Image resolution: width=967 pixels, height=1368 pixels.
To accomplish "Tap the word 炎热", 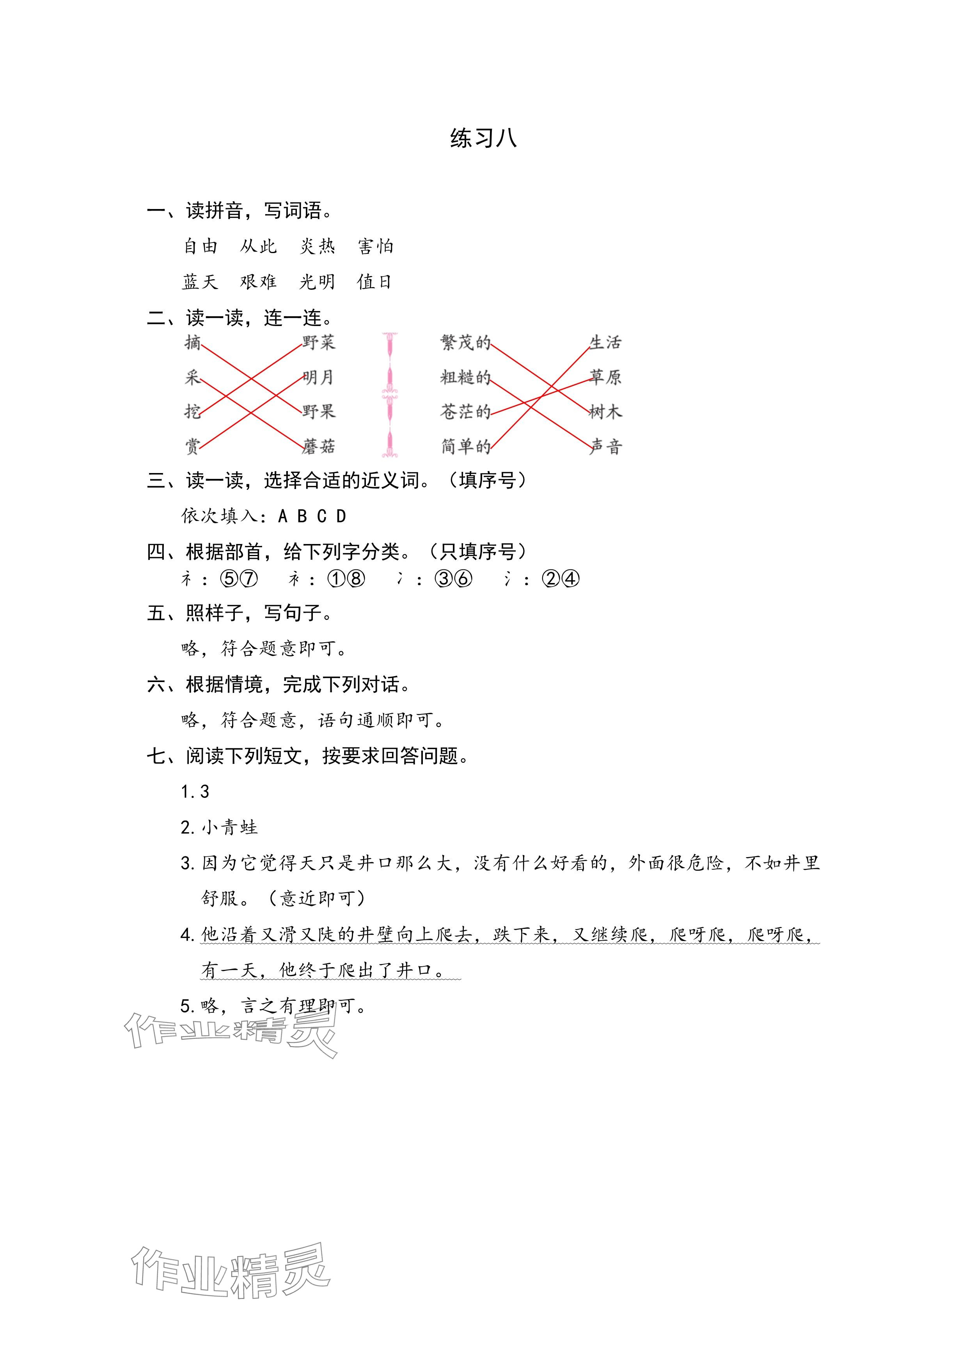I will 317,246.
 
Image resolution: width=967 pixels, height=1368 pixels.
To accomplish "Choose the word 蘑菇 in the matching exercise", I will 319,446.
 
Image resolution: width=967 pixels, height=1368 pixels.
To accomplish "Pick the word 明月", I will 319,377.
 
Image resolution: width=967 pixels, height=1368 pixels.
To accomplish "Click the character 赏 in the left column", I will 192,446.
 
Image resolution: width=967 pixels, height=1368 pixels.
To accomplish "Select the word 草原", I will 605,377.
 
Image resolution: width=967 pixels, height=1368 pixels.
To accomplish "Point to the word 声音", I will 605,446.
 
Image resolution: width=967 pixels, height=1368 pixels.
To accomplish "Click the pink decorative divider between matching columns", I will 390,394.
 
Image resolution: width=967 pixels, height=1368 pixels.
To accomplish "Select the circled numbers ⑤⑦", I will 239,579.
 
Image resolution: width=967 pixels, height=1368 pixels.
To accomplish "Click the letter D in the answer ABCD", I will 341,516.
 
